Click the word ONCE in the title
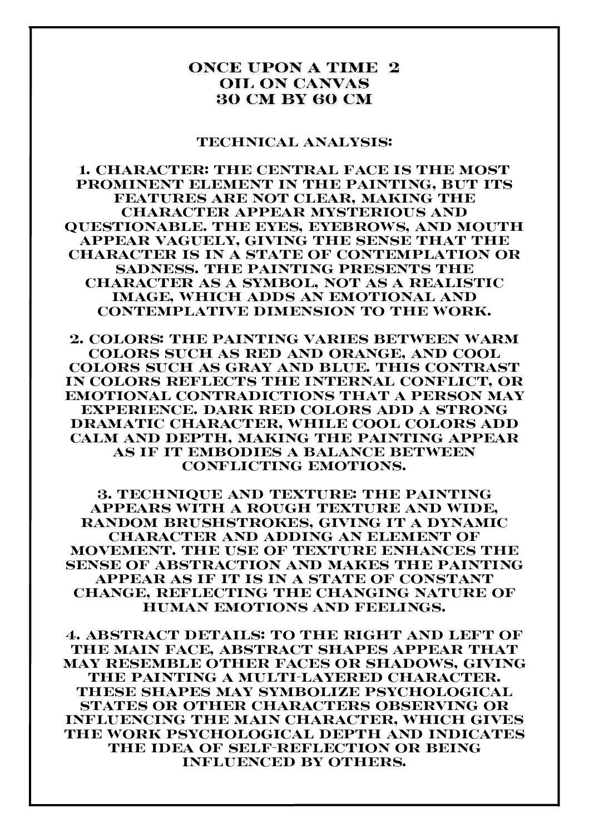point(211,68)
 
